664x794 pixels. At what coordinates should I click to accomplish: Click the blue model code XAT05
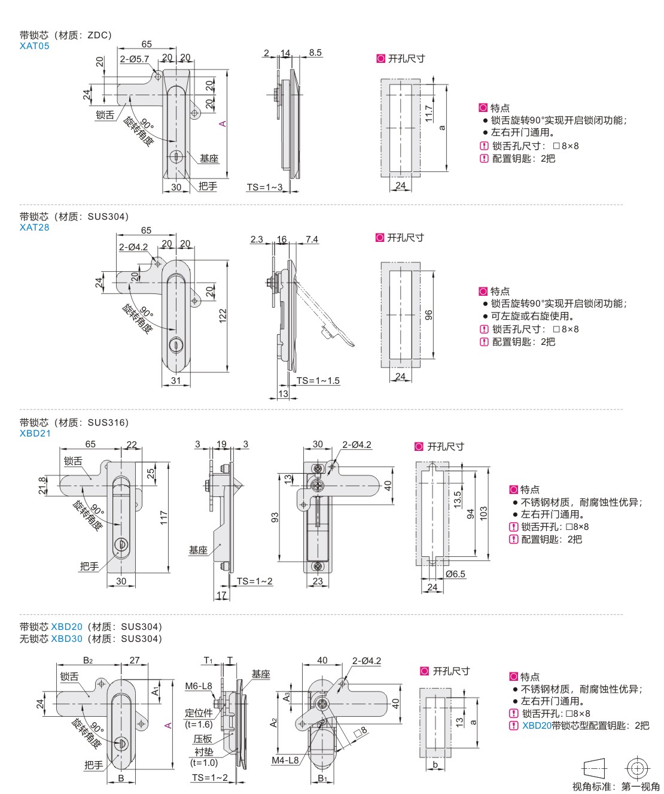pos(34,46)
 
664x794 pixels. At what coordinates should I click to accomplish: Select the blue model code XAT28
pos(34,228)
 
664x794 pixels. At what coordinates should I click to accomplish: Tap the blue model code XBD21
pos(35,434)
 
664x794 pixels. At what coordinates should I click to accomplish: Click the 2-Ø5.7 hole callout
pos(134,59)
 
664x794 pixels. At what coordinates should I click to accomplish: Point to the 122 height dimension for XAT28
pos(223,315)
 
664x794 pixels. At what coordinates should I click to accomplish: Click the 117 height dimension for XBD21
pos(164,518)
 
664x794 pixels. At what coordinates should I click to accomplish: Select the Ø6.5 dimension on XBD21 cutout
pos(455,574)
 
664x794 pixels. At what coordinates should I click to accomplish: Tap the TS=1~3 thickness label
pos(264,187)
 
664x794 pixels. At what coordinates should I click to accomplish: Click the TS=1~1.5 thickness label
pos(318,380)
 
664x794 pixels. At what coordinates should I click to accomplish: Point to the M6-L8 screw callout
pos(199,686)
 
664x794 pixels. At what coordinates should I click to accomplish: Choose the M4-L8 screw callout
pos(285,760)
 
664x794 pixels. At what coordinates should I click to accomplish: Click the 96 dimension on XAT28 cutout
pos(428,315)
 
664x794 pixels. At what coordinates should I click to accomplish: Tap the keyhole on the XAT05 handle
pos(176,156)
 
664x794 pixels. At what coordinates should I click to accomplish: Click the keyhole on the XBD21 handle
pos(121,544)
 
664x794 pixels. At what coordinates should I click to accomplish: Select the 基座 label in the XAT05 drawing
pos(209,159)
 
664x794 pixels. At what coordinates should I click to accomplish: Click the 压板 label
pos(203,739)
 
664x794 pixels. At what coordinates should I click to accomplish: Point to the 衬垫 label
pos(203,751)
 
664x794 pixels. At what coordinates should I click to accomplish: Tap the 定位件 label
pos(199,713)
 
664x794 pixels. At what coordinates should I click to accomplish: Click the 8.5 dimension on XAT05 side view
pos(315,53)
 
